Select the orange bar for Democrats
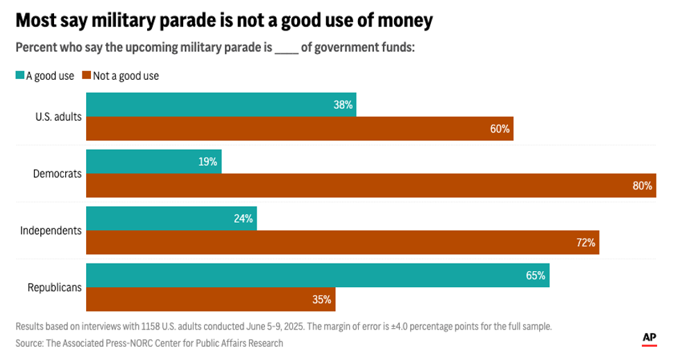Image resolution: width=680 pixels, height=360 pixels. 371,185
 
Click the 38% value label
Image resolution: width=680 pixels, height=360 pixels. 343,105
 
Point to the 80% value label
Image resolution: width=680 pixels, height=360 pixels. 642,186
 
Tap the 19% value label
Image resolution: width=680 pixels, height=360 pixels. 207,162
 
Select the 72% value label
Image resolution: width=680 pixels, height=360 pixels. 586,243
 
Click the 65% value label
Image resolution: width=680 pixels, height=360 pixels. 536,275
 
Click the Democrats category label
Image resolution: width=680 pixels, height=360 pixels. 58,173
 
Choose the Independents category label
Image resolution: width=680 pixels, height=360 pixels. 51,230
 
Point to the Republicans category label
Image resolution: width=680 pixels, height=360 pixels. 54,287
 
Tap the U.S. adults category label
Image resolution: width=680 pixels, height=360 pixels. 58,117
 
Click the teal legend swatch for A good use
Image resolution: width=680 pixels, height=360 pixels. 19,76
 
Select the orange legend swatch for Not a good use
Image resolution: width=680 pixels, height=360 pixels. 87,76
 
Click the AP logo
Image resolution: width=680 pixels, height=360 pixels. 649,338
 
